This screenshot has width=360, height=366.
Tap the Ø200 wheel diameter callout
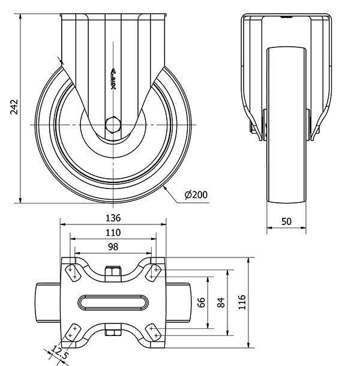196,195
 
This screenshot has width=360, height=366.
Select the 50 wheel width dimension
286,221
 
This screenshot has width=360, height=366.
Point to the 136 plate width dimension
113,217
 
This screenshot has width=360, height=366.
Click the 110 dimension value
113,232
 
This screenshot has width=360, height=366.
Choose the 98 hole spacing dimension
113,247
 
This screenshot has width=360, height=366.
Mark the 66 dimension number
202,301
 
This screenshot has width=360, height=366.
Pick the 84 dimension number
220,301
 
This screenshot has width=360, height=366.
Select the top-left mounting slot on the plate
73,271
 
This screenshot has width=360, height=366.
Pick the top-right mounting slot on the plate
154,271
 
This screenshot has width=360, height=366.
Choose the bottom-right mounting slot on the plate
154,332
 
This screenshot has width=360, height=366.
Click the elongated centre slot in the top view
113,302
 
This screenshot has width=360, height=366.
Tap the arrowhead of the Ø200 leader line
164,188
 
